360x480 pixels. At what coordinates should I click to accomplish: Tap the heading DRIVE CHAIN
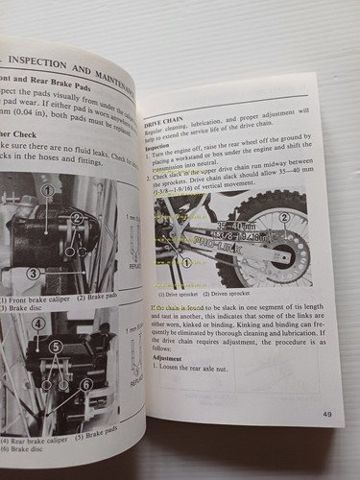pyautogui.click(x=163, y=125)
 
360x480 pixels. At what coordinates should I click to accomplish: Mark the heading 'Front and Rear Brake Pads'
pyautogui.click(x=58, y=83)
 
